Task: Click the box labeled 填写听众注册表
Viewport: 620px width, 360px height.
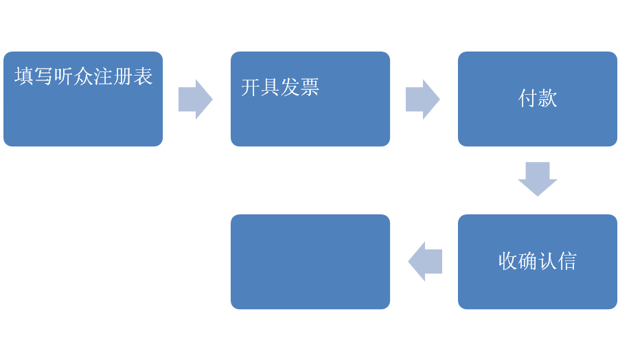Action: (83, 99)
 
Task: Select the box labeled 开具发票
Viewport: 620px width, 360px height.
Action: (310, 99)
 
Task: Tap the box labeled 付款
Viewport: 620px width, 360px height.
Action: (538, 99)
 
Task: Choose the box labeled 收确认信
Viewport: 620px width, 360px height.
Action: (538, 262)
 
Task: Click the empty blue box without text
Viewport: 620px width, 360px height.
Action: (310, 262)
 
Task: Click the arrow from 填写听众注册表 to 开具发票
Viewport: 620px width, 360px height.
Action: (196, 100)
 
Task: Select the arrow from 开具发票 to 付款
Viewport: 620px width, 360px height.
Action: (423, 100)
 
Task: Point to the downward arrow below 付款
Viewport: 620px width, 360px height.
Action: (538, 179)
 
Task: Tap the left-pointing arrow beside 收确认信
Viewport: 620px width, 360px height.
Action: (425, 262)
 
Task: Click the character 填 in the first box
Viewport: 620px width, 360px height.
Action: (24, 76)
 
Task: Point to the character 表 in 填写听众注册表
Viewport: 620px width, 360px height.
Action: (143, 76)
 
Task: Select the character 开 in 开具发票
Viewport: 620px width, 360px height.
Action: (251, 87)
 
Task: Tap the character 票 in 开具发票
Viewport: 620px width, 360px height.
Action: (310, 87)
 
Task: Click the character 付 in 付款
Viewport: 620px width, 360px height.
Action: (527, 98)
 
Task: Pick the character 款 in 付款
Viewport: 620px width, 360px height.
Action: (547, 98)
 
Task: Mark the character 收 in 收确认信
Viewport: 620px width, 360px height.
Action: (507, 261)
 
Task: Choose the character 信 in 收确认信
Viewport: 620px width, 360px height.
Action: (567, 261)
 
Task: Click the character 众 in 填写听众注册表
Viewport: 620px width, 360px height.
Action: (84, 76)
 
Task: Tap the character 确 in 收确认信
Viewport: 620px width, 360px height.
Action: (527, 261)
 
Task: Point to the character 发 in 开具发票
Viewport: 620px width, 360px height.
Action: (290, 87)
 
